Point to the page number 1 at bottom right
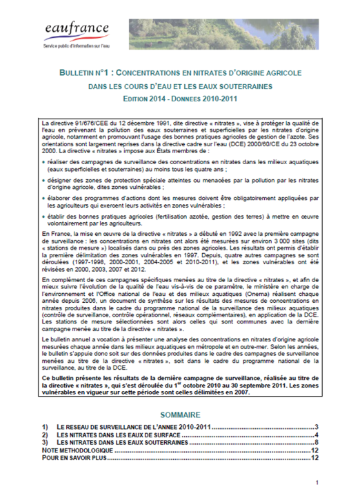316,483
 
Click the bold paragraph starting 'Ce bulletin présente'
179,384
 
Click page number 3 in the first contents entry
315,428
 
